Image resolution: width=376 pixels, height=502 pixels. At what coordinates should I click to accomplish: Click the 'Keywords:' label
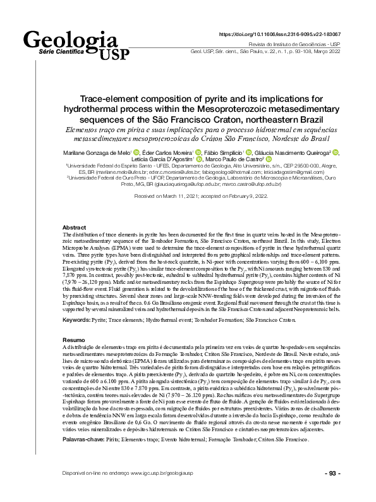(76, 321)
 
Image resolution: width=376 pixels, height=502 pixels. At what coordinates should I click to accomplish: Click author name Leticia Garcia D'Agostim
(163, 160)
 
